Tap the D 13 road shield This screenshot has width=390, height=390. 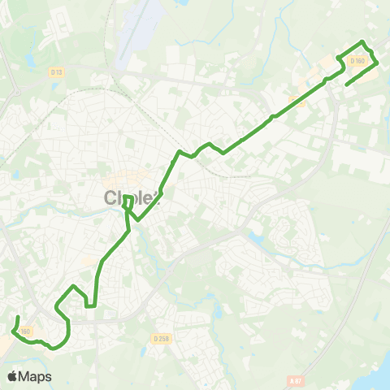56,72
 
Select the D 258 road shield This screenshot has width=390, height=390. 160,339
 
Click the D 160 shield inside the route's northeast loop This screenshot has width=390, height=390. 357,60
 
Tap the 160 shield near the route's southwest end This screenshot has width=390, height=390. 25,331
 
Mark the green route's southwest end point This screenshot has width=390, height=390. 19,316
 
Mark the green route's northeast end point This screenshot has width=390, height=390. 347,84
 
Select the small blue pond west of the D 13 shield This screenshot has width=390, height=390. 30,61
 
